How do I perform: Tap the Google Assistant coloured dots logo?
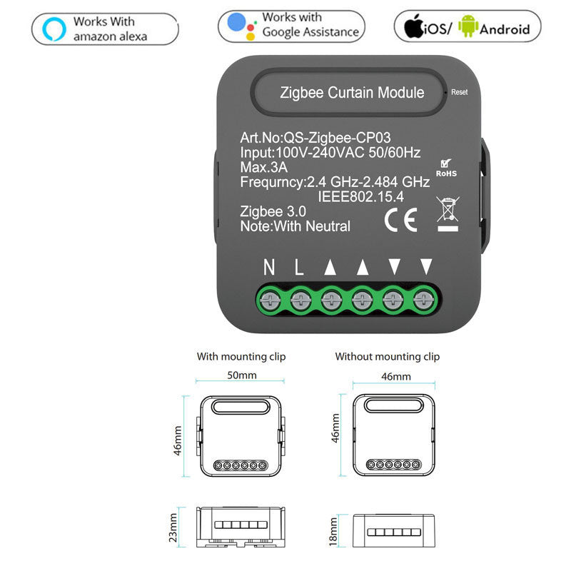tap(242, 26)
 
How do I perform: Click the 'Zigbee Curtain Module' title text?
tap(352, 93)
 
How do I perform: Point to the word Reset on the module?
tap(460, 92)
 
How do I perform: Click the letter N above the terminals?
tap(269, 268)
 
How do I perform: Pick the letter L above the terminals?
tap(299, 268)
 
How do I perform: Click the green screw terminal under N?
tap(270, 300)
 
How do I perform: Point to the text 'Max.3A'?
tap(263, 168)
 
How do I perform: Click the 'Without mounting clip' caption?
tap(388, 356)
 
